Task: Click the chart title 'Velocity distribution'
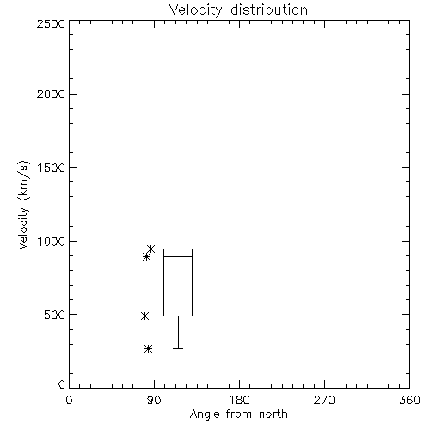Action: point(238,9)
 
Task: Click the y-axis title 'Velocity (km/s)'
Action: point(23,206)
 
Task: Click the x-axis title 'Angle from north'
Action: point(239,415)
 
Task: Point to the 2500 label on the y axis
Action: point(51,23)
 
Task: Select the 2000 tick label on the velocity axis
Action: point(51,94)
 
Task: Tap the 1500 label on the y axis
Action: point(52,168)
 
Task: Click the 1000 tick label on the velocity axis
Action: point(52,241)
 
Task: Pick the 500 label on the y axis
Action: point(55,315)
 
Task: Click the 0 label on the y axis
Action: point(62,384)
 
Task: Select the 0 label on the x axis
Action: point(69,400)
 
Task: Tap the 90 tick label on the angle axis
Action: point(154,400)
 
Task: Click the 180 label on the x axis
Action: point(239,400)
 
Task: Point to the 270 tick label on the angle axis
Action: point(324,400)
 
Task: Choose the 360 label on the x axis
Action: point(409,400)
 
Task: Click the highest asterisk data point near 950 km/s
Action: point(151,249)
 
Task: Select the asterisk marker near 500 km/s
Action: point(144,316)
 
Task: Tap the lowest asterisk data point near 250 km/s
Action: point(148,348)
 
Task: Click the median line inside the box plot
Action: point(178,256)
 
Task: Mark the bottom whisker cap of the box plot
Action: point(178,348)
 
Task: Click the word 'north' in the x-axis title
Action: point(273,415)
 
